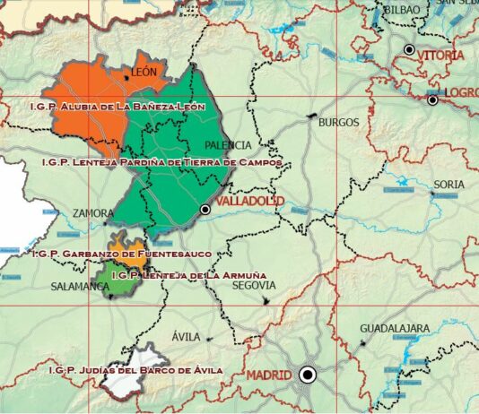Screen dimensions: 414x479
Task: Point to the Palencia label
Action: pyautogui.click(x=228, y=144)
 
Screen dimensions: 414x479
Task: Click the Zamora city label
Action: pyautogui.click(x=95, y=214)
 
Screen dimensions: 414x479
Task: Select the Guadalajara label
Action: pyautogui.click(x=395, y=329)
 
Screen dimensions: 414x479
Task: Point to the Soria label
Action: pyautogui.click(x=449, y=185)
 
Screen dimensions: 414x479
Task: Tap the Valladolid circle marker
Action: pyautogui.click(x=205, y=209)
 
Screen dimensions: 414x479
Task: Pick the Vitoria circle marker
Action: pyautogui.click(x=410, y=50)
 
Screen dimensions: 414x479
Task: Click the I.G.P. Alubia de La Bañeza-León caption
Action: pyautogui.click(x=118, y=107)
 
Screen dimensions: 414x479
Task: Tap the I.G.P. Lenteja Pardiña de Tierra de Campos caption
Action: pyautogui.click(x=162, y=163)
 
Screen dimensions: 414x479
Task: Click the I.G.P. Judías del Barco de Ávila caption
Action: pyautogui.click(x=135, y=369)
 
